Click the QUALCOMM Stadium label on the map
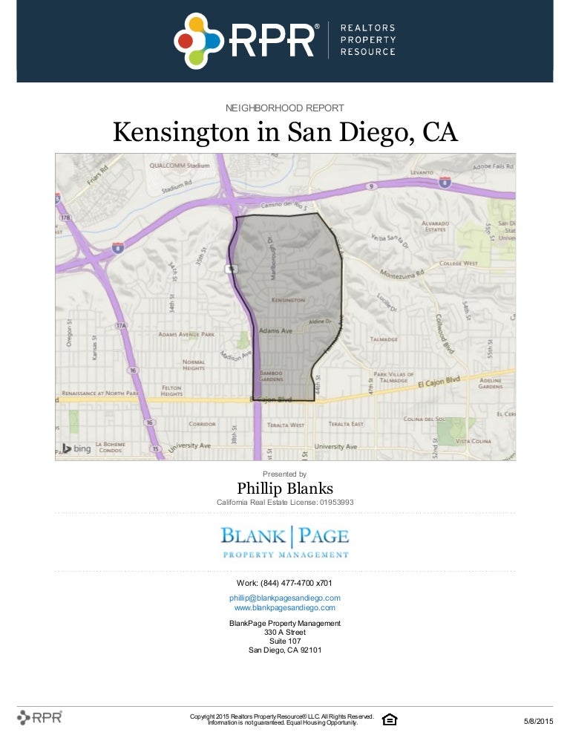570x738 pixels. pos(179,166)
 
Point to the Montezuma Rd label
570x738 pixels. pos(402,273)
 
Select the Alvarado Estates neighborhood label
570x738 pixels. pos(435,225)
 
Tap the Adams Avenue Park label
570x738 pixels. pos(186,334)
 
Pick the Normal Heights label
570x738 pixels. pos(194,365)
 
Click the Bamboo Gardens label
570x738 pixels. pos(270,376)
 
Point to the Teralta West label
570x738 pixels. pos(286,425)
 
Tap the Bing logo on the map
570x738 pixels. pos(76,448)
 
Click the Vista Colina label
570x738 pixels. pos(473,441)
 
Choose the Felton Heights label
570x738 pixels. pos(171,391)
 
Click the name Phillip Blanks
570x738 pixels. pos(285,488)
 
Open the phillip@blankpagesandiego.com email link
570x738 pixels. pos(285,598)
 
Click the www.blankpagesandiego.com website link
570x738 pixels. pos(285,607)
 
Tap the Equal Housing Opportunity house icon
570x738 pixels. pos(389,719)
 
